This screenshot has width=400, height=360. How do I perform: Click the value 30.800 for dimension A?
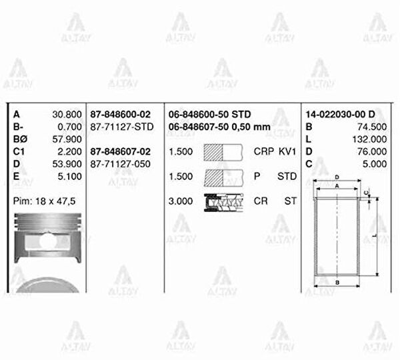tap(67, 115)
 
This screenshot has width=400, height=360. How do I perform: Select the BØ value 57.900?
tap(67, 139)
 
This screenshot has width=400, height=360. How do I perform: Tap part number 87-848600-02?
tap(121, 115)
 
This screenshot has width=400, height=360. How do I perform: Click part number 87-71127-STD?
tap(122, 127)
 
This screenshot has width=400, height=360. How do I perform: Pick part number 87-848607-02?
tap(121, 151)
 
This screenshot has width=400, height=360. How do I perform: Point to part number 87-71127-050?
tap(121, 164)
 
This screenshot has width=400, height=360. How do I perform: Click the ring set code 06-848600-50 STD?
tap(210, 115)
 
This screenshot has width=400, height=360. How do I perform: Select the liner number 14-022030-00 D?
tap(340, 115)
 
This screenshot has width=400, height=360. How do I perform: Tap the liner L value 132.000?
tap(369, 139)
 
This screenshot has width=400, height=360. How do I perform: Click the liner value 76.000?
tap(372, 151)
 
